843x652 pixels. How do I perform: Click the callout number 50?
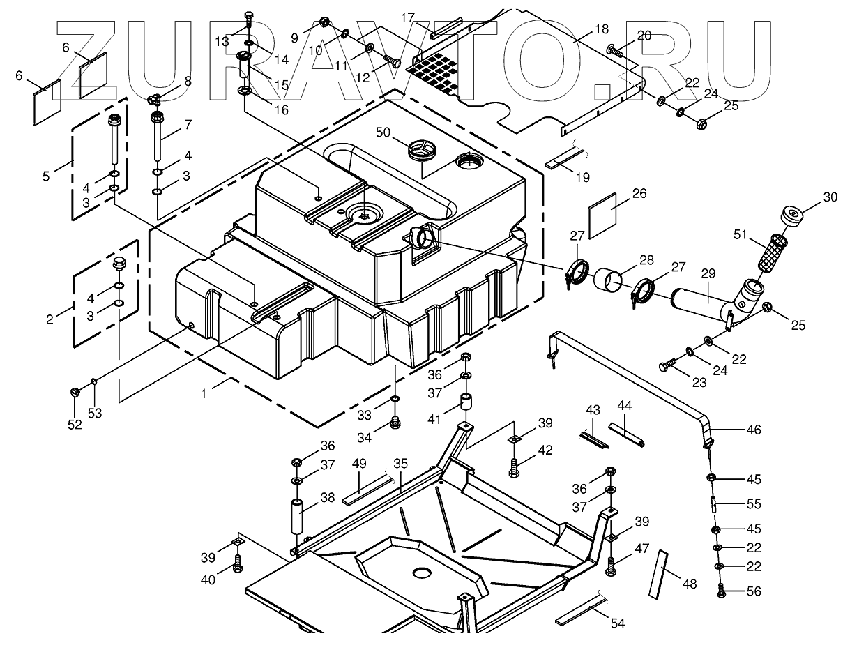click(383, 132)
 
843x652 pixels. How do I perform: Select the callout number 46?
click(754, 430)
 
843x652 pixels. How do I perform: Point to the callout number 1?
click(204, 394)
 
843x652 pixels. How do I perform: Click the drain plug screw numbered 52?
click(75, 393)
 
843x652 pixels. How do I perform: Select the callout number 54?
click(617, 623)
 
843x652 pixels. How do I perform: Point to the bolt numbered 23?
click(667, 365)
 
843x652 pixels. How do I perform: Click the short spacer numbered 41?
click(466, 404)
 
